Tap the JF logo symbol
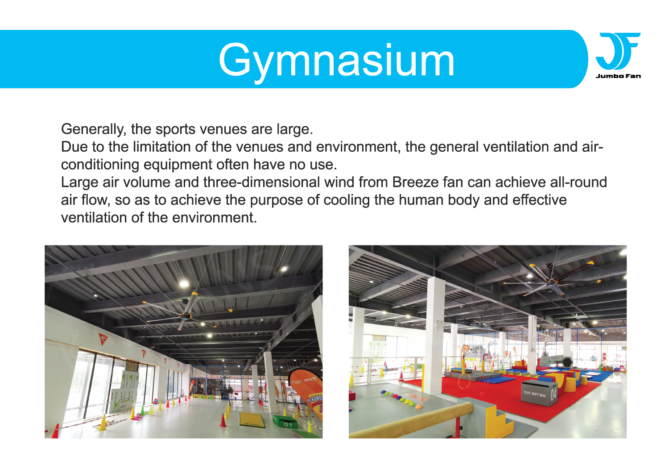(618, 51)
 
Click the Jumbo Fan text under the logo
(618, 76)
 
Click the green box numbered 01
(286, 422)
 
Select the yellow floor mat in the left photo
(252, 419)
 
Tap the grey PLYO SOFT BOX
(539, 392)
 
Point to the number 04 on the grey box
(553, 394)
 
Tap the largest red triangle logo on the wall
(103, 339)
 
